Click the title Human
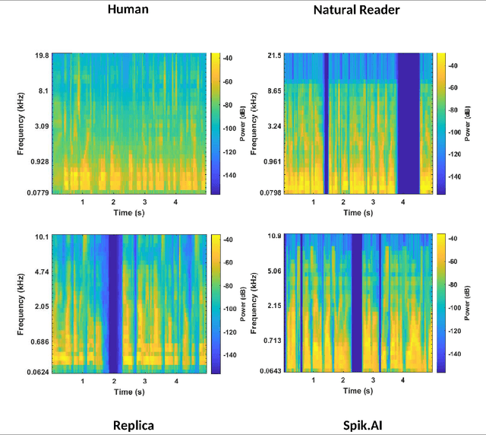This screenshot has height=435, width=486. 128,10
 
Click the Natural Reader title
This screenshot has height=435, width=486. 357,10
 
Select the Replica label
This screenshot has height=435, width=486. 133,425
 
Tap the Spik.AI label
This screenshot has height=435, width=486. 360,425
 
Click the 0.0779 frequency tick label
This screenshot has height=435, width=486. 37,193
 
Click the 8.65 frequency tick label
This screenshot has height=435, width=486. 270,90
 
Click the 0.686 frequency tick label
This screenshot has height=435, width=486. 39,342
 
